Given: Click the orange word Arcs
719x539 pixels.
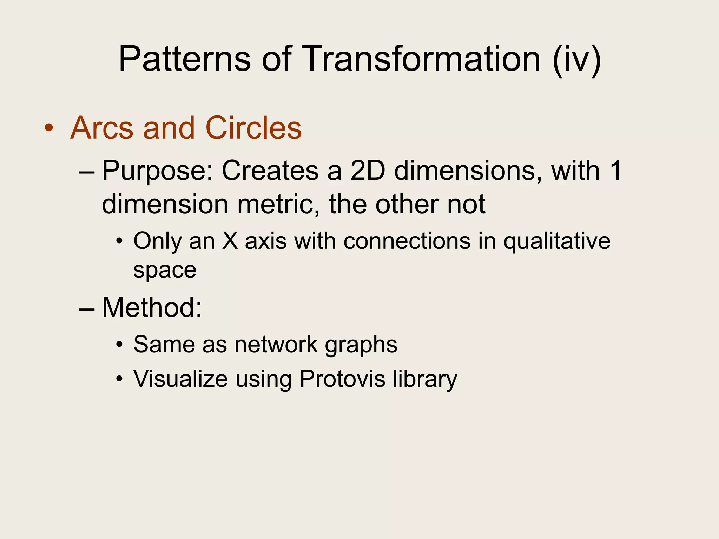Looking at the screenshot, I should pyautogui.click(x=102, y=128).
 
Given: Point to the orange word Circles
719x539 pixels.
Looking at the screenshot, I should pyautogui.click(x=253, y=128).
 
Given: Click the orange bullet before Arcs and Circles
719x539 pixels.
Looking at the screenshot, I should pyautogui.click(x=49, y=128).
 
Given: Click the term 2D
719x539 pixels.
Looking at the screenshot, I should pyautogui.click(x=368, y=171).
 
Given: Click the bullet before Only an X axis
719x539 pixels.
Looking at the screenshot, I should pyautogui.click(x=120, y=242).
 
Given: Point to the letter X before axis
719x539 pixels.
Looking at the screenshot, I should pyautogui.click(x=230, y=241).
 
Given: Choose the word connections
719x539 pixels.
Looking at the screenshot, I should pyautogui.click(x=407, y=241).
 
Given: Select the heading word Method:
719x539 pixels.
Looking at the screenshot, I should pyautogui.click(x=152, y=307).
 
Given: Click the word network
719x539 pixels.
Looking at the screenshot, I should pyautogui.click(x=276, y=344).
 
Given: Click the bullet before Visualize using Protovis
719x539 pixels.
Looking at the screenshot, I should pyautogui.click(x=120, y=379).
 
